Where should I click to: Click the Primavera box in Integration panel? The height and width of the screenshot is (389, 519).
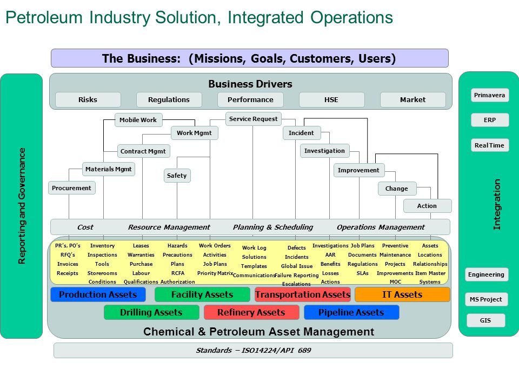tap(489, 95)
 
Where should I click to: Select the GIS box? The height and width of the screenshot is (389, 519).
tap(485, 320)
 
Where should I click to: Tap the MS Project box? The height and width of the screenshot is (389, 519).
tap(486, 299)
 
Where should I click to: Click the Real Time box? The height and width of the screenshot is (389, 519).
tap(489, 145)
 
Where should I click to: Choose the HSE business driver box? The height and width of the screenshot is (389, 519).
tap(331, 99)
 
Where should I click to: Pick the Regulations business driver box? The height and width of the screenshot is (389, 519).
tap(169, 99)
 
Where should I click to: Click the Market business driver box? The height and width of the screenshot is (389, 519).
tap(412, 99)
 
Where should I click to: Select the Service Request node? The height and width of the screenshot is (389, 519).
tap(253, 119)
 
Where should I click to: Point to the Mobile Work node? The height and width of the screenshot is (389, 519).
tap(138, 120)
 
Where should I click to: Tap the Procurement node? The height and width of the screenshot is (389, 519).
tap(72, 188)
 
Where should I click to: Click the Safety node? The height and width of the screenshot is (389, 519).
tap(177, 176)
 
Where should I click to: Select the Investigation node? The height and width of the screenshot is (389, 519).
tap(324, 151)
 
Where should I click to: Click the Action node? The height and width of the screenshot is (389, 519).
tap(427, 206)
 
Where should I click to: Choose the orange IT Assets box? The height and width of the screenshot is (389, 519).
tap(402, 294)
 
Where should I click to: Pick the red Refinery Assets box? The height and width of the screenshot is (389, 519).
tap(251, 312)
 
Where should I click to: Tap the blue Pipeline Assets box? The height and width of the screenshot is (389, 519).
tap(351, 312)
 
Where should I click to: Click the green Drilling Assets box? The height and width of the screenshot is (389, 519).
tap(151, 312)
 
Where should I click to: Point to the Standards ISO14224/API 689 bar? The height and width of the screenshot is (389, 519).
tap(253, 350)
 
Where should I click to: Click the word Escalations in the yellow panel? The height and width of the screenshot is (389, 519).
tap(296, 284)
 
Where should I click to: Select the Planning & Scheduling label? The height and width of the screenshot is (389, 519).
tap(273, 227)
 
